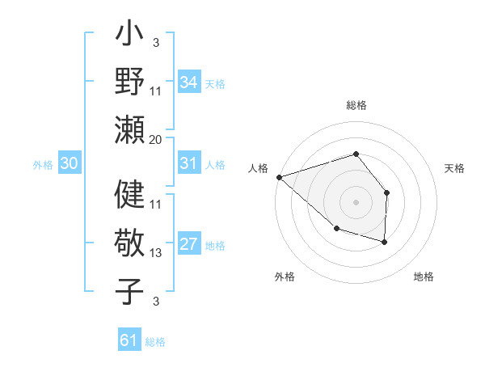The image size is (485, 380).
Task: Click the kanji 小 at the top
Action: click(129, 36)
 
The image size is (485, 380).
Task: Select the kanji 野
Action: click(129, 82)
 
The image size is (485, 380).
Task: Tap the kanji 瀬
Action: click(129, 129)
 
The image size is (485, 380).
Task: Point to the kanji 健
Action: click(129, 195)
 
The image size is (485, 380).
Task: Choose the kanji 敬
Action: click(129, 243)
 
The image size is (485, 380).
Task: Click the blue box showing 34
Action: click(189, 82)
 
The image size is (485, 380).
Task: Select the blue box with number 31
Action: click(189, 163)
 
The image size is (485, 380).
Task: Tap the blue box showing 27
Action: click(189, 245)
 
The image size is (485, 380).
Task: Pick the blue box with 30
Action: click(69, 163)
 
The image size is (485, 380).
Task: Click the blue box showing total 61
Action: click(129, 340)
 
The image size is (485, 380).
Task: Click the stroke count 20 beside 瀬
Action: click(156, 139)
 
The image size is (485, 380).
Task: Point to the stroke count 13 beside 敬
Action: click(156, 253)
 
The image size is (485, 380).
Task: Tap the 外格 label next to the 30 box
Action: click(43, 164)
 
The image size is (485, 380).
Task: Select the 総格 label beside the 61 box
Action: click(155, 342)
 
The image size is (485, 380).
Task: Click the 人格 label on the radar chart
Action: click(258, 168)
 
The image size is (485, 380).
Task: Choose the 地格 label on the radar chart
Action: click(424, 277)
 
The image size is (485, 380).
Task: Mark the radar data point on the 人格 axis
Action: click(279, 176)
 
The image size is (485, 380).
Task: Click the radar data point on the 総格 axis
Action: click(356, 154)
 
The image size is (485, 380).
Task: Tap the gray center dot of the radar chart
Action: click(356, 201)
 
